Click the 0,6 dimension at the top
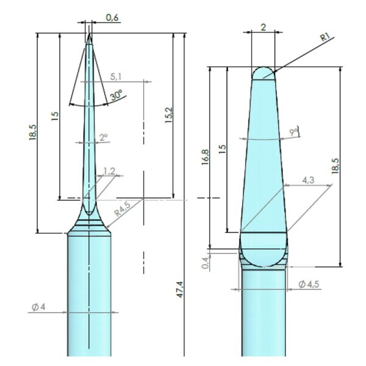click(x=112, y=18)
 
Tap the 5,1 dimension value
click(x=117, y=77)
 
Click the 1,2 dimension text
click(x=109, y=171)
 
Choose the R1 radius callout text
click(x=325, y=37)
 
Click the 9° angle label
click(x=294, y=132)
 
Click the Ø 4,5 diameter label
click(x=311, y=283)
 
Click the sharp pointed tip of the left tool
click(x=89, y=34)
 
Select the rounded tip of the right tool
click(x=263, y=73)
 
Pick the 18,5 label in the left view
click(x=32, y=133)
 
